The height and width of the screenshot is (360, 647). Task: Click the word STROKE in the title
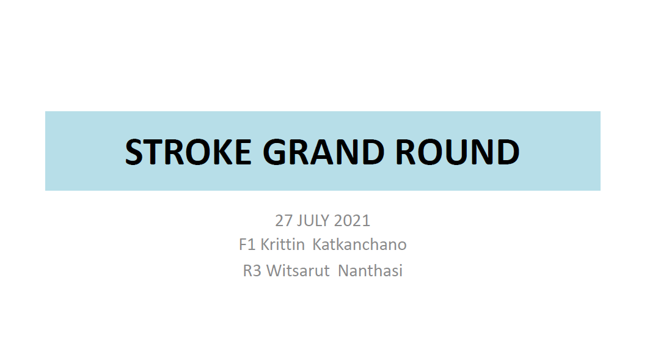(188, 152)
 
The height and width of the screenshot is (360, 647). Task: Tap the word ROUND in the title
(458, 152)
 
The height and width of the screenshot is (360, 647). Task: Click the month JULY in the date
(313, 221)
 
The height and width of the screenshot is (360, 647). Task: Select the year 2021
(352, 221)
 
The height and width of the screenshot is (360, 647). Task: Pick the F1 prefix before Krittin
(247, 245)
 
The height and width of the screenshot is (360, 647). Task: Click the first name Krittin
(283, 244)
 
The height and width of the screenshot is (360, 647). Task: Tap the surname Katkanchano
(359, 244)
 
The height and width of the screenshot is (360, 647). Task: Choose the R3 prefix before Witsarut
(252, 271)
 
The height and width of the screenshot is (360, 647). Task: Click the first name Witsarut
(298, 271)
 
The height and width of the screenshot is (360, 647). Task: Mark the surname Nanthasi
(370, 271)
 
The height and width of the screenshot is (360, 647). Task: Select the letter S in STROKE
(133, 152)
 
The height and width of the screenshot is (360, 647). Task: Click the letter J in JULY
(299, 221)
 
